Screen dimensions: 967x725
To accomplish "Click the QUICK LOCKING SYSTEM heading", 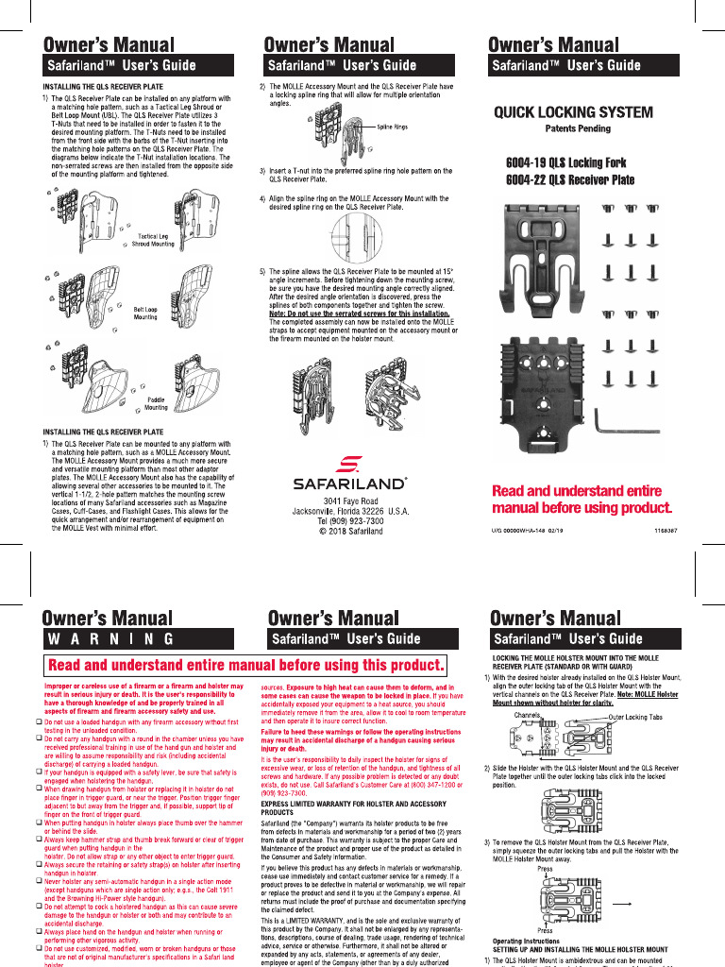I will pos(573,112).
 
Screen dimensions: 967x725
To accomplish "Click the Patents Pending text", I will pos(578,128).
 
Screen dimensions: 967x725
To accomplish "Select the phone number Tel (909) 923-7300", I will pos(350,521).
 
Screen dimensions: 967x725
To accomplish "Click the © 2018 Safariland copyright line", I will pos(350,532).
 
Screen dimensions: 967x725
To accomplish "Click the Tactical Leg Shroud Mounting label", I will pos(152,240).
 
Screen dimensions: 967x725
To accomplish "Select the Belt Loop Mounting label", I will pos(145,314).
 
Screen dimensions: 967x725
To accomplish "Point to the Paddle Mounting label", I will pos(156,404).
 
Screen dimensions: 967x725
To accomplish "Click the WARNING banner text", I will pos(111,638).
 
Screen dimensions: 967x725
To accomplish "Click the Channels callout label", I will pos(527,715).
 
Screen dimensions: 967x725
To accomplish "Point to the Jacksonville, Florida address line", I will pos(350,511).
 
